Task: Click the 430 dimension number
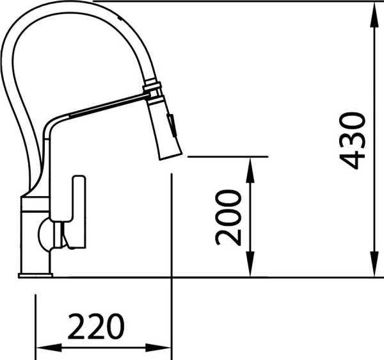coord(353,141)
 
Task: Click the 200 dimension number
coord(228,218)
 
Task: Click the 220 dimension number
coord(96,326)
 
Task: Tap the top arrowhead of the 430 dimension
coord(374,15)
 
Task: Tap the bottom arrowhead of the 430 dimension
coord(374,264)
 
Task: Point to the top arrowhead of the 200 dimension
coord(250,170)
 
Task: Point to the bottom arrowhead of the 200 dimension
coord(250,264)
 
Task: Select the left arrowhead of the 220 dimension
coord(49,347)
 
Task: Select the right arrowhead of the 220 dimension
coord(158,347)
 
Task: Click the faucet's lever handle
coord(79,211)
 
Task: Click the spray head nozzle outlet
coord(171,157)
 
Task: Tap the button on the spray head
coord(172,124)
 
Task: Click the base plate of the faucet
coord(35,275)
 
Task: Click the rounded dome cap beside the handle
coord(44,234)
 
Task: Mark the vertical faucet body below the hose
coord(35,235)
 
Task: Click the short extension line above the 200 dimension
coord(228,156)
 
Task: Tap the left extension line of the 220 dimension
coord(36,327)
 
